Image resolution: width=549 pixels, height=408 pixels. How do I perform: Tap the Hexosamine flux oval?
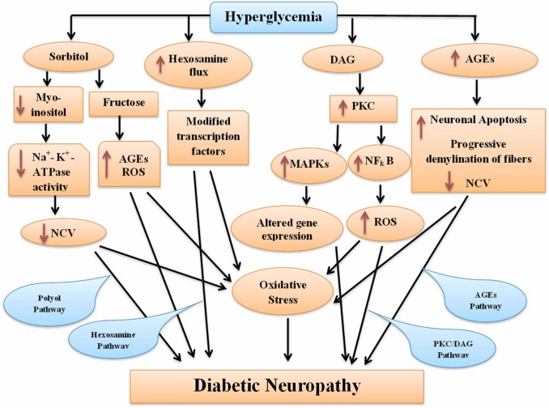187,63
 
